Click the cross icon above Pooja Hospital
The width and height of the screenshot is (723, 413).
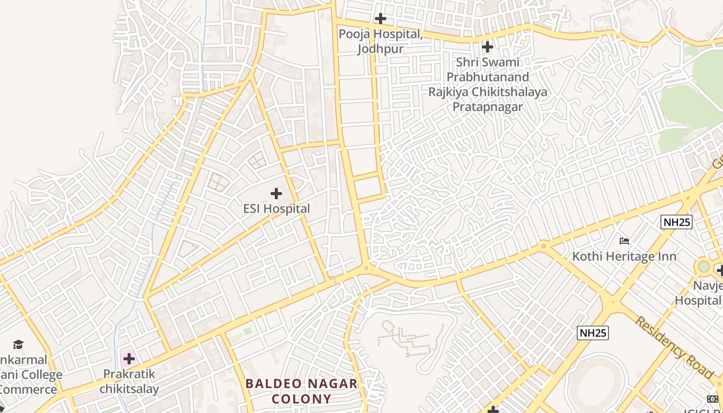point(381,19)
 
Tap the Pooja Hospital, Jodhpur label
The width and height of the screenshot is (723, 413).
point(381,41)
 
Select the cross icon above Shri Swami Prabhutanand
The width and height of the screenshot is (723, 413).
point(487,47)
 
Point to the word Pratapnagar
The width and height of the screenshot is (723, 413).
point(488,107)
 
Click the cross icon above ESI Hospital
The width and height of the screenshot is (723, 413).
point(276,194)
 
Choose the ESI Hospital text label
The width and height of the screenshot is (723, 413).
point(277,209)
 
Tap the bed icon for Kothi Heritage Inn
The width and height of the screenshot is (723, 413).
point(624,241)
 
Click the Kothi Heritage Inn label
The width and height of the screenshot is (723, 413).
point(624,256)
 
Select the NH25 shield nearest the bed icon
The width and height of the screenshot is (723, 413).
point(676,222)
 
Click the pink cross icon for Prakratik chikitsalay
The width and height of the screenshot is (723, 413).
point(129,358)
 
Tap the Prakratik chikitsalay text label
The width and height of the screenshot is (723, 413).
point(129,381)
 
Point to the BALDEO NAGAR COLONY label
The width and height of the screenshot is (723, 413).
point(302,391)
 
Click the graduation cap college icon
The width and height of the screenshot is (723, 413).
point(19,344)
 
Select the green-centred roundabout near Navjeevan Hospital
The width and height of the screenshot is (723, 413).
point(703,267)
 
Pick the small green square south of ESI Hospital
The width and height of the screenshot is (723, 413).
point(248,330)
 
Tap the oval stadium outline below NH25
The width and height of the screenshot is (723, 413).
point(594,382)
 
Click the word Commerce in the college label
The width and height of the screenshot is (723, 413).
point(28,389)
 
